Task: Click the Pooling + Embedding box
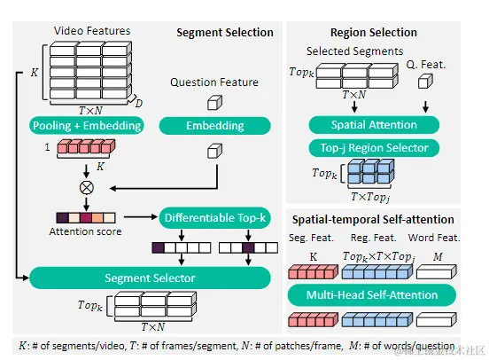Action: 87,125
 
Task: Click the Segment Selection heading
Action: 225,33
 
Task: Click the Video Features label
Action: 91,31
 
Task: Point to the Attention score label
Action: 86,231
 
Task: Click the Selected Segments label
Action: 354,51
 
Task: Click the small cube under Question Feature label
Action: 213,101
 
